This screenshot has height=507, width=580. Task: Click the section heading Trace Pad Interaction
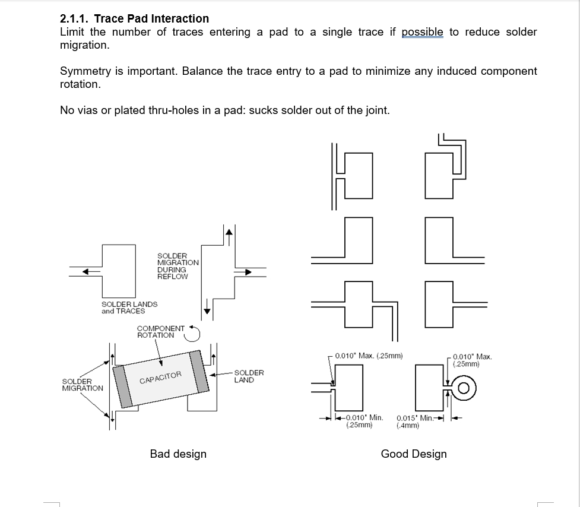[x=134, y=18]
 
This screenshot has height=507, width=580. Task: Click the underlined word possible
[x=422, y=32]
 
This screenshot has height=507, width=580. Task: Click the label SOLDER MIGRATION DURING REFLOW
[x=178, y=266]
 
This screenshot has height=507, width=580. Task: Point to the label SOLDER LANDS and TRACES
[x=129, y=308]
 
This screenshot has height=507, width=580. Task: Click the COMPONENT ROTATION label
[x=160, y=331]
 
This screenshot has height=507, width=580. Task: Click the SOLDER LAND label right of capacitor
[x=249, y=376]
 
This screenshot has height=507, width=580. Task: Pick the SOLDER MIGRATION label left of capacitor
[x=82, y=385]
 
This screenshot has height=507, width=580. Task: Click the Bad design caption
[x=178, y=454]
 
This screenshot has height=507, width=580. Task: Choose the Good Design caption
[x=414, y=454]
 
